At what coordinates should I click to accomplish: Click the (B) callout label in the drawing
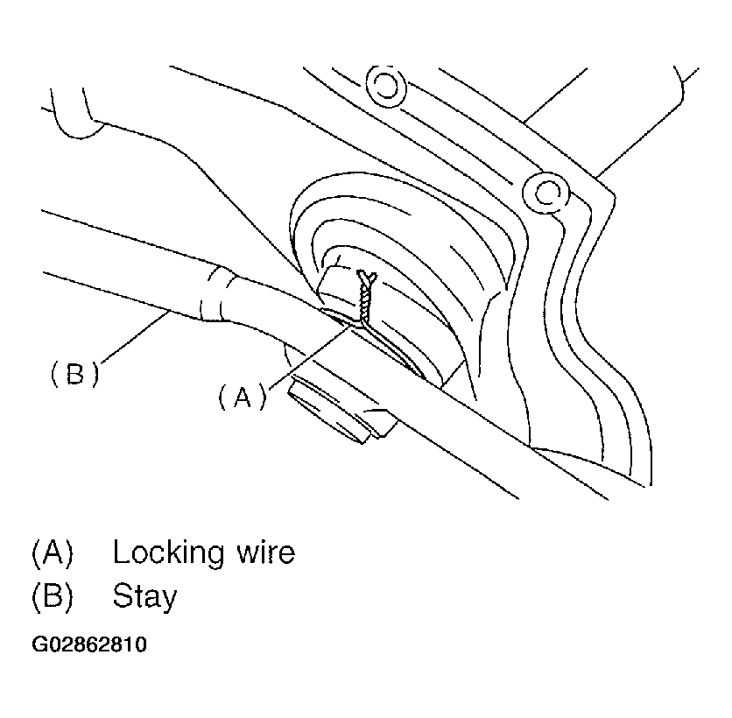74,374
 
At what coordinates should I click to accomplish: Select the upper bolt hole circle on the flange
383,85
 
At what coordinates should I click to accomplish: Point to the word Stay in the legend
144,597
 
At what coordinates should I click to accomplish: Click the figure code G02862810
90,645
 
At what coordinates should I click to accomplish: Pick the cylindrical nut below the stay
328,407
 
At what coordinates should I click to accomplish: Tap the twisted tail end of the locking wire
369,278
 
